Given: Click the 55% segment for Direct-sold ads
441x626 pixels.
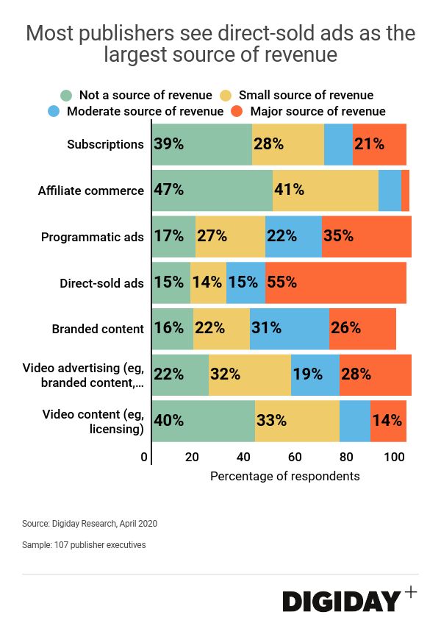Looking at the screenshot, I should [x=335, y=282].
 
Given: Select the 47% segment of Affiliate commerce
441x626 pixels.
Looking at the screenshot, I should [x=212, y=191].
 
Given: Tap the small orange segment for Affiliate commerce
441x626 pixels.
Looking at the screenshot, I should [x=405, y=191].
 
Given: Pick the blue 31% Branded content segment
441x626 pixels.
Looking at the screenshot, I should [x=290, y=328].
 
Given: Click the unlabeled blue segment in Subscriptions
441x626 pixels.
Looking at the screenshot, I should [x=338, y=144].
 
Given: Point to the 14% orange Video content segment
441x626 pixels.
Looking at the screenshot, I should [x=388, y=421].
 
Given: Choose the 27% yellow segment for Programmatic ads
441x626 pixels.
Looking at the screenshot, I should [x=230, y=236].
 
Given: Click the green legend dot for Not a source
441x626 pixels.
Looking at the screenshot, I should [x=67, y=96].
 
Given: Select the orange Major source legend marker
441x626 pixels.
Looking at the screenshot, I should [x=237, y=112].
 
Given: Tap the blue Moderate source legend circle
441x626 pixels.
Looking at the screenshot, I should [x=54, y=112].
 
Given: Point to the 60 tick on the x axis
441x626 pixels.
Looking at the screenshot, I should [x=294, y=457].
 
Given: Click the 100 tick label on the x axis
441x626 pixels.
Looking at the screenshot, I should [x=395, y=457].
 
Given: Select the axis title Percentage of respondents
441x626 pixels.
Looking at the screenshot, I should [x=285, y=476].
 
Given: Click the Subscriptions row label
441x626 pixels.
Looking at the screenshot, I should [x=105, y=144].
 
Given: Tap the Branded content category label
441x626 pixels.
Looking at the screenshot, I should [x=98, y=329].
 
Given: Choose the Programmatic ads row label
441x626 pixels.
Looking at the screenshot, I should [x=93, y=237].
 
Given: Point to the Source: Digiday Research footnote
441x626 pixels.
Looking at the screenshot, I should [x=90, y=524].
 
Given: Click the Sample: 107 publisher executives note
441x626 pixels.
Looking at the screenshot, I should [x=84, y=545].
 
